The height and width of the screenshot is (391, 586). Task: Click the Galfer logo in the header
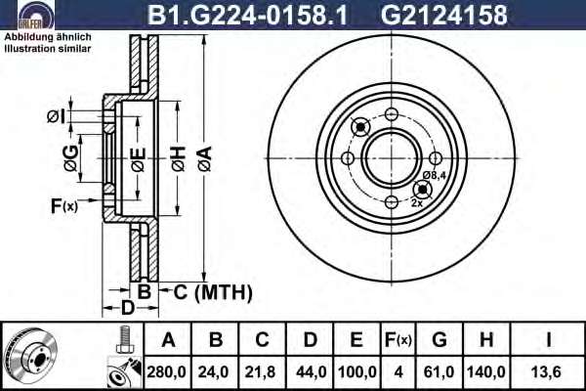tap(36, 15)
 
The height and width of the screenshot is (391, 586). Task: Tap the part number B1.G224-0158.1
tap(247, 15)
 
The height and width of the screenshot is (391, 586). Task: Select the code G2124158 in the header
tap(443, 15)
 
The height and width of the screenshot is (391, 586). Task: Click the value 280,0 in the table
tap(166, 371)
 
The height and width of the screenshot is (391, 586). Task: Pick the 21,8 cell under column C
tap(260, 371)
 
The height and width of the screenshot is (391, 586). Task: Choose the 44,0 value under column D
tap(311, 371)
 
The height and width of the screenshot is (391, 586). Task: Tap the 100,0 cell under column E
tap(356, 371)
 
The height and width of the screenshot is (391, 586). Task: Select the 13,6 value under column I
tap(546, 371)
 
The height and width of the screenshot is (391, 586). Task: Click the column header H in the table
tap(485, 340)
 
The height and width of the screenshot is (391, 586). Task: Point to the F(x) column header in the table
tap(398, 340)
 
